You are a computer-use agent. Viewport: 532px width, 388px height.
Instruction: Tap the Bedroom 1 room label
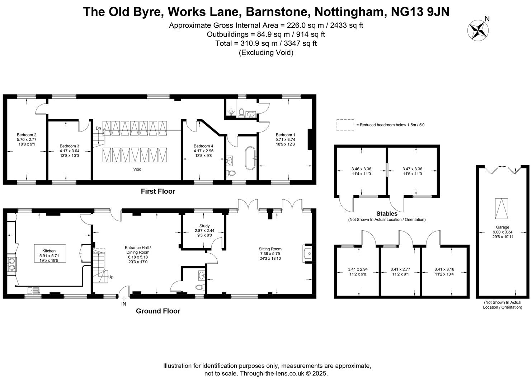tap(285, 139)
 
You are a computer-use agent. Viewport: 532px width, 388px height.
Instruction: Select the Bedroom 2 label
tap(27, 139)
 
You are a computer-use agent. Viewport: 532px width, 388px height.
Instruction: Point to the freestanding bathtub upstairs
tap(250, 158)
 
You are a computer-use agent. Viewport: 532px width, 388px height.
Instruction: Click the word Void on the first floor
tap(137, 169)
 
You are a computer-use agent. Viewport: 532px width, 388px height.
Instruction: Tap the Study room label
tap(204, 231)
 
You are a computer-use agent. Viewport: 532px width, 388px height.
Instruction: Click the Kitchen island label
tap(49, 256)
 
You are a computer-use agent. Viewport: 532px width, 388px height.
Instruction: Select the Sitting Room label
tap(270, 254)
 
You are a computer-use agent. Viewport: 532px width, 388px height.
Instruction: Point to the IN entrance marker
tap(124, 304)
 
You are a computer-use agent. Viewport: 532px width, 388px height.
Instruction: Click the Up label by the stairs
tap(111, 277)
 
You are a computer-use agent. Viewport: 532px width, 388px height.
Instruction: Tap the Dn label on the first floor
tap(98, 128)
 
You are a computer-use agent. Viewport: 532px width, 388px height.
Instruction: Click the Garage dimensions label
tap(502, 232)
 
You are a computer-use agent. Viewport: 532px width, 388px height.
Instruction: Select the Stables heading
tap(387, 214)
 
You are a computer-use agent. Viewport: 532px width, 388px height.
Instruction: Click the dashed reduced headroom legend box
tap(345, 125)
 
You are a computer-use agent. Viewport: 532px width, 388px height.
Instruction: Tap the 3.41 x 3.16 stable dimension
tap(444, 272)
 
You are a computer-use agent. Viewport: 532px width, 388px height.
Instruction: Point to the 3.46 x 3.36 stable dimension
tap(361, 171)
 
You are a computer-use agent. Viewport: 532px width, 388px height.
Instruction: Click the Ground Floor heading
tap(158, 311)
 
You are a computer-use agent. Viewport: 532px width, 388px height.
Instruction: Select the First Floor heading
tap(158, 191)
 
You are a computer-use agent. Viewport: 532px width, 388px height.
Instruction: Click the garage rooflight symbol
tap(502, 209)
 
